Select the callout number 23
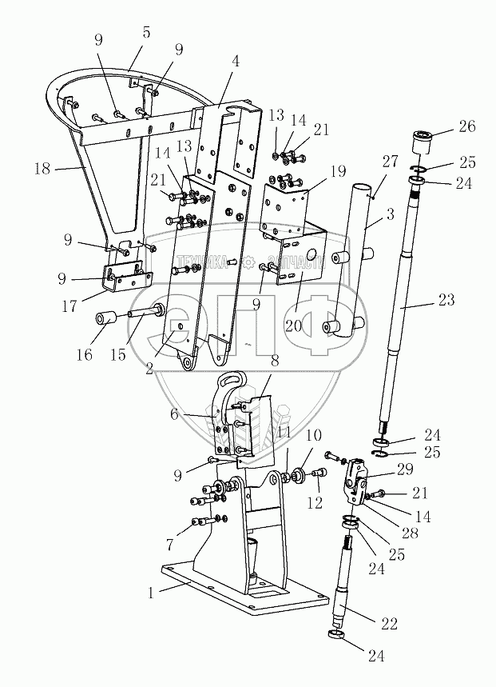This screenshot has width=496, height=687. (x=446, y=300)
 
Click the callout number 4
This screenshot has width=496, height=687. (x=236, y=61)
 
